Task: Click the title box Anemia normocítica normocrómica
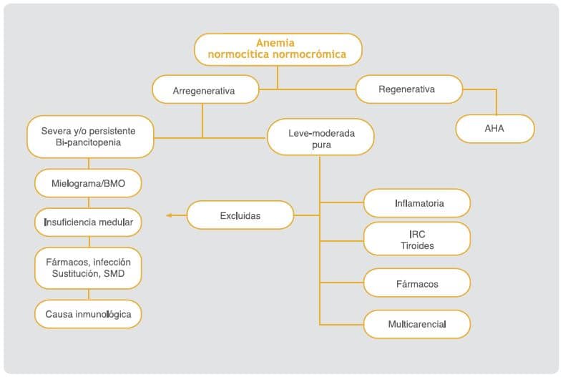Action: pyautogui.click(x=278, y=49)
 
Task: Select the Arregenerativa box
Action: pyautogui.click(x=205, y=91)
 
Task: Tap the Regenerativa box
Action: pyautogui.click(x=406, y=89)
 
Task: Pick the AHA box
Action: pyautogui.click(x=495, y=129)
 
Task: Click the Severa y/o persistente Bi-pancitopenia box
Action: pyautogui.click(x=89, y=137)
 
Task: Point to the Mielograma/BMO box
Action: pyautogui.click(x=88, y=184)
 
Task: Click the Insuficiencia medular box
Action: pyautogui.click(x=88, y=222)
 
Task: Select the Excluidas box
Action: pyautogui.click(x=240, y=215)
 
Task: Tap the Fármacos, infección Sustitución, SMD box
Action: pyautogui.click(x=88, y=268)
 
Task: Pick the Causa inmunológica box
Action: pyautogui.click(x=88, y=314)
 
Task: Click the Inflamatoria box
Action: pyautogui.click(x=417, y=203)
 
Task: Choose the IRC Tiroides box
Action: pyautogui.click(x=417, y=239)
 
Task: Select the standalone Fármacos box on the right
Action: pyautogui.click(x=417, y=284)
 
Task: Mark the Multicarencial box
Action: pyautogui.click(x=417, y=324)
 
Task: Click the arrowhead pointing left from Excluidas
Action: pyautogui.click(x=170, y=215)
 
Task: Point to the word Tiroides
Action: pyautogui.click(x=417, y=245)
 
